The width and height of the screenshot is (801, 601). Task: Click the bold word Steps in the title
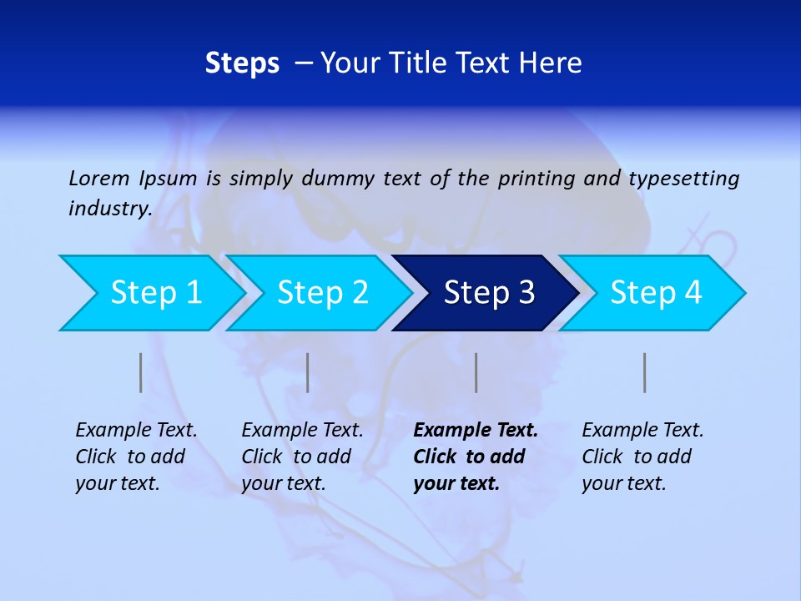(x=242, y=63)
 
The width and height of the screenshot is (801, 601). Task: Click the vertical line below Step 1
(x=141, y=372)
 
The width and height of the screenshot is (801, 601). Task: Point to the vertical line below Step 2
(x=308, y=372)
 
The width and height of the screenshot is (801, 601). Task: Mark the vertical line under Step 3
(x=476, y=372)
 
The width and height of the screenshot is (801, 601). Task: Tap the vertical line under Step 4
(x=645, y=372)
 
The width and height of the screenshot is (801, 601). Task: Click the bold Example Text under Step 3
(x=476, y=457)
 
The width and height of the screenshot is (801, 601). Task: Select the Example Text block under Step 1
(x=136, y=457)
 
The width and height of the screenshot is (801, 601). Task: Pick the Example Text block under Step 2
(x=302, y=457)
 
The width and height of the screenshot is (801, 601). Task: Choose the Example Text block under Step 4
(x=642, y=457)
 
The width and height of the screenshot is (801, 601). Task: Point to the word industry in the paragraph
(x=108, y=209)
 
